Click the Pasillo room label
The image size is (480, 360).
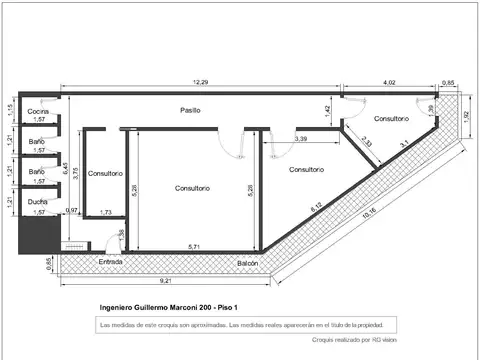tap(192, 108)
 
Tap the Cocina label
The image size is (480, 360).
tap(39, 111)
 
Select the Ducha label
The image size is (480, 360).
tap(39, 201)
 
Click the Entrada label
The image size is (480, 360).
tap(110, 262)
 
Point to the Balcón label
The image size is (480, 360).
tap(248, 262)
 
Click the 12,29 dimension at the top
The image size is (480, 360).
tap(201, 82)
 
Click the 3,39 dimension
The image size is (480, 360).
tap(301, 139)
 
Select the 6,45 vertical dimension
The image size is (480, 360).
tap(66, 171)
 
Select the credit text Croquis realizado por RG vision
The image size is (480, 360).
tap(355, 340)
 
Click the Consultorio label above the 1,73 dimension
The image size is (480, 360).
tap(105, 173)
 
